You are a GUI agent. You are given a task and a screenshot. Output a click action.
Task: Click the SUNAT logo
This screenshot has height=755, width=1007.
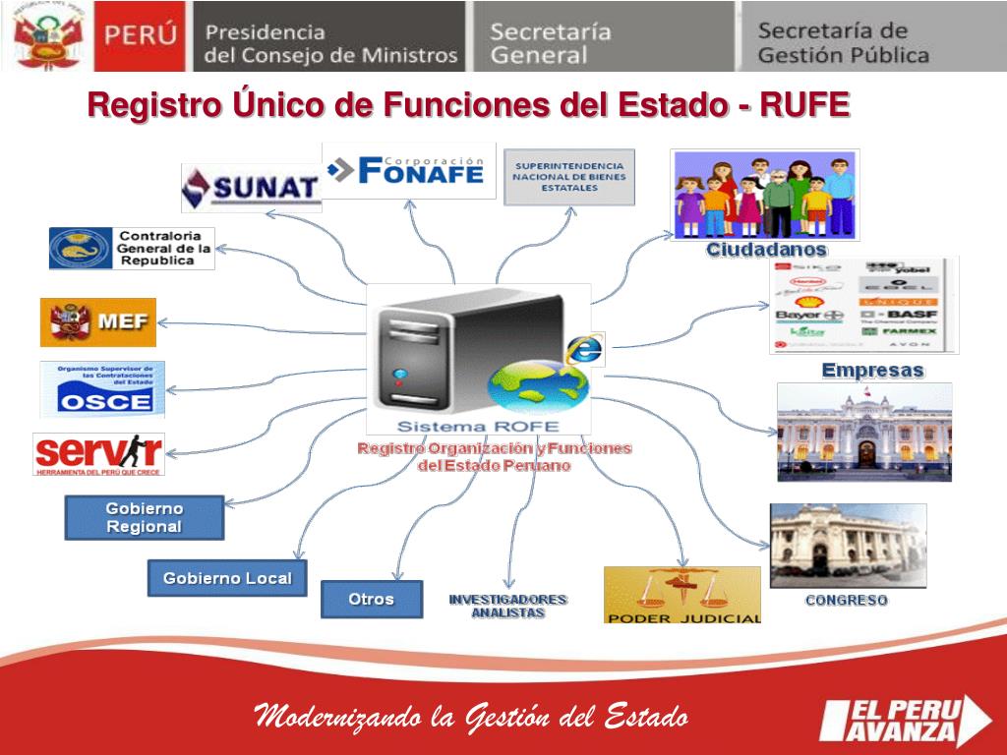click(252, 187)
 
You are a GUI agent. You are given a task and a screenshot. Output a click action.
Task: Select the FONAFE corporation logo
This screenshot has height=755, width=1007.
click(408, 170)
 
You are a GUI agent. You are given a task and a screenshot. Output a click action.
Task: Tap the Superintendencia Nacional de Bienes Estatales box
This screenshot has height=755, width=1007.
click(569, 177)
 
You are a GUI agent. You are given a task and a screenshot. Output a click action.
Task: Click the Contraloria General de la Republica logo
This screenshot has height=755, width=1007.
click(132, 249)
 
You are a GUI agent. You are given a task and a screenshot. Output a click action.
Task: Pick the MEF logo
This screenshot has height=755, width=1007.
click(98, 322)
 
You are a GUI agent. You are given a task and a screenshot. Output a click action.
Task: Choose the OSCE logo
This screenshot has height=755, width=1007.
click(103, 389)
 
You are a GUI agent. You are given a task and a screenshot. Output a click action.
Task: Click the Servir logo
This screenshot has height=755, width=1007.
click(98, 454)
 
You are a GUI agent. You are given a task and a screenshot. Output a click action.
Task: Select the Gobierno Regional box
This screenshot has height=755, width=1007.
click(145, 518)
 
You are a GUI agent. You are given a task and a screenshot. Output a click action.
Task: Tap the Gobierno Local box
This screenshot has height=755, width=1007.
click(227, 578)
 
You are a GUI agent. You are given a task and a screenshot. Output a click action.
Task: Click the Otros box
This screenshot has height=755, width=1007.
click(371, 599)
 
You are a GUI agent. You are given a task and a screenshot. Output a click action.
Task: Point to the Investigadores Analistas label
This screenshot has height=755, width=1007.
click(507, 606)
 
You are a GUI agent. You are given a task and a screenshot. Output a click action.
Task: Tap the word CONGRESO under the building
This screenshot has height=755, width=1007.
click(846, 600)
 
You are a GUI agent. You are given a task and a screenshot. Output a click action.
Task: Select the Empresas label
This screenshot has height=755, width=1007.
click(872, 371)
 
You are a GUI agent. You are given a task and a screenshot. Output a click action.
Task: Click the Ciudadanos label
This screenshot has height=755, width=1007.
click(767, 251)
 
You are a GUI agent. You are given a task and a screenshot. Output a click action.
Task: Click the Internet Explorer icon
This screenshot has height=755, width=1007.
click(585, 349)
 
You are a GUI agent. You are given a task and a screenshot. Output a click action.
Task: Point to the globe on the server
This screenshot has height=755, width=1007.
click(538, 387)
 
